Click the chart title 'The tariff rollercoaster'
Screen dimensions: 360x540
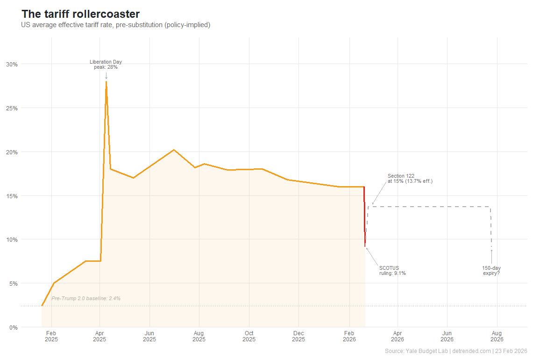point(80,14)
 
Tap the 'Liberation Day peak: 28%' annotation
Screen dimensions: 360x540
point(106,65)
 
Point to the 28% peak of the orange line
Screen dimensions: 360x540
point(106,82)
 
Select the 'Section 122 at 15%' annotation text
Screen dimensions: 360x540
point(410,178)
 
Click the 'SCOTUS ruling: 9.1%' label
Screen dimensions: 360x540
point(392,270)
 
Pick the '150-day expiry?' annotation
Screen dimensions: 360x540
point(491,270)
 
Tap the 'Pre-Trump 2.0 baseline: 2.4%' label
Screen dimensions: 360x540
point(86,298)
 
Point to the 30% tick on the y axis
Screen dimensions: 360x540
point(12,64)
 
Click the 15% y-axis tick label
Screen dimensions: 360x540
point(12,196)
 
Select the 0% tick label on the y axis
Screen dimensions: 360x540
point(14,327)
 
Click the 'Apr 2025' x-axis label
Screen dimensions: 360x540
point(99,337)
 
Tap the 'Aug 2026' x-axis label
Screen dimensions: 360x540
point(497,337)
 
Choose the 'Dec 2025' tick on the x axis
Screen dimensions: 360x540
point(298,337)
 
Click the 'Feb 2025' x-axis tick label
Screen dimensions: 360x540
point(51,337)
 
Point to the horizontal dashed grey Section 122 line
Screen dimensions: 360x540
point(430,207)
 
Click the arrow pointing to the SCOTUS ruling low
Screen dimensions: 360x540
point(371,256)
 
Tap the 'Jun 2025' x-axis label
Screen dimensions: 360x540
point(149,337)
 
